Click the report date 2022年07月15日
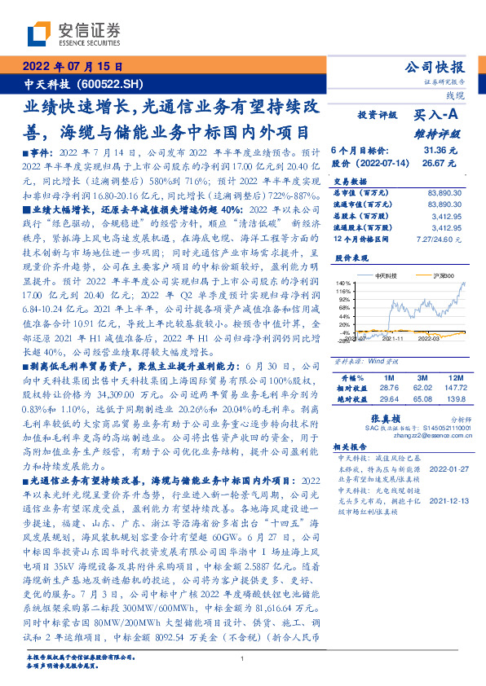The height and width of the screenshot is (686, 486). (72, 68)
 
